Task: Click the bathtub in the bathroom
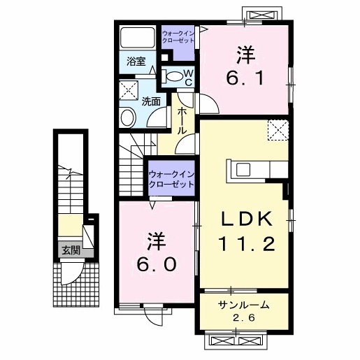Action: tap(138, 37)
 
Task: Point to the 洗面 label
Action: tap(151, 101)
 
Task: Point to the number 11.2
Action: tap(245, 244)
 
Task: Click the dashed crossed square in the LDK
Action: tap(278, 130)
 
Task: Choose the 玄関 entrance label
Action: tap(69, 250)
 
